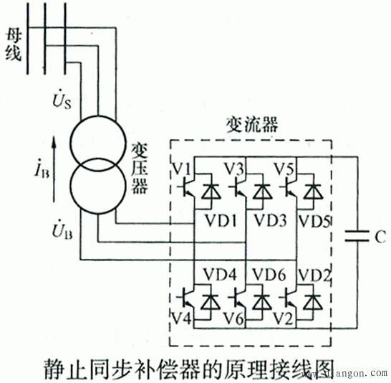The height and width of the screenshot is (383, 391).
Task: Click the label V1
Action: [181, 169]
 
